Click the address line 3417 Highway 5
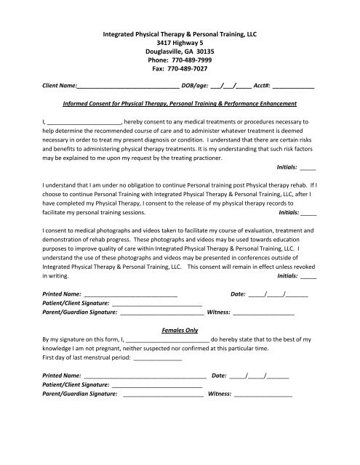(x=180, y=38)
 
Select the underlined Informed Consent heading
(x=180, y=105)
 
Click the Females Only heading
(x=179, y=330)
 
